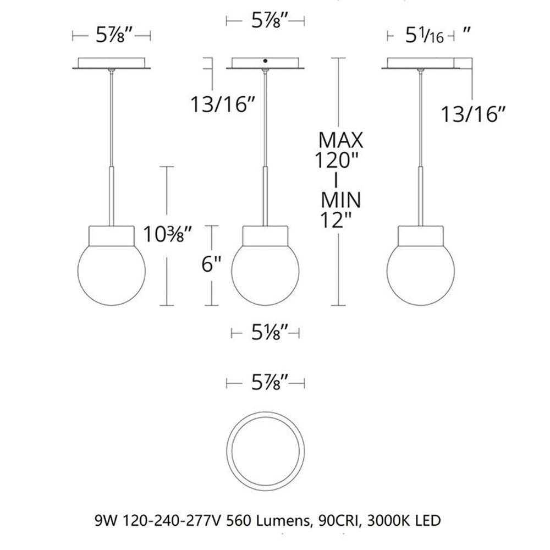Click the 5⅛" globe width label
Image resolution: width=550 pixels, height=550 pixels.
[266, 333]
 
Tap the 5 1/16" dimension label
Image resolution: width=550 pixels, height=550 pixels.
[424, 37]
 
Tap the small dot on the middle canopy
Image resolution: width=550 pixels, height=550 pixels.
[266, 61]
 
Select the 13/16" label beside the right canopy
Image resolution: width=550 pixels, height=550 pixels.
[473, 116]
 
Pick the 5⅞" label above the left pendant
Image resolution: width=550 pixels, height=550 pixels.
[112, 37]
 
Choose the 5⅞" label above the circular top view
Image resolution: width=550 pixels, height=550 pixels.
[266, 383]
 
